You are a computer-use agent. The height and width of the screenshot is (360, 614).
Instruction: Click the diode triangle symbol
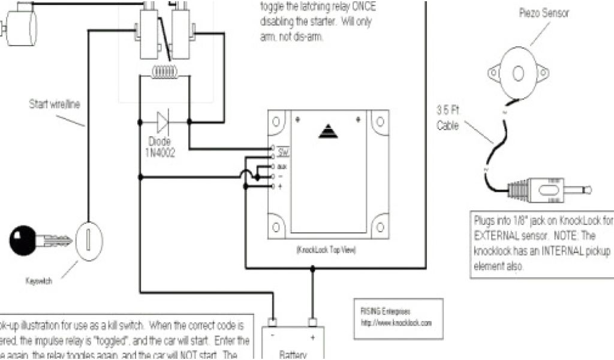tap(161, 121)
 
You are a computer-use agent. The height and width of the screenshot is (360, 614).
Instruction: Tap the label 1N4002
tap(159, 153)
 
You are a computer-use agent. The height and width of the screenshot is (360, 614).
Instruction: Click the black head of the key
tap(22, 241)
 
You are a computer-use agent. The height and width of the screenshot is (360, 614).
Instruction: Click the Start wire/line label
tap(55, 104)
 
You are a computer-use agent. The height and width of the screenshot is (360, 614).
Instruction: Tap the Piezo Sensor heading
tap(544, 11)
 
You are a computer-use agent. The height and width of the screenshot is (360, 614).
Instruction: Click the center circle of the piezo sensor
tap(518, 73)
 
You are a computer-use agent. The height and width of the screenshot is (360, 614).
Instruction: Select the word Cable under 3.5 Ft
tap(448, 125)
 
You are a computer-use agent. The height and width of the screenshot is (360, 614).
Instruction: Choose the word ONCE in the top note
tap(364, 6)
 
